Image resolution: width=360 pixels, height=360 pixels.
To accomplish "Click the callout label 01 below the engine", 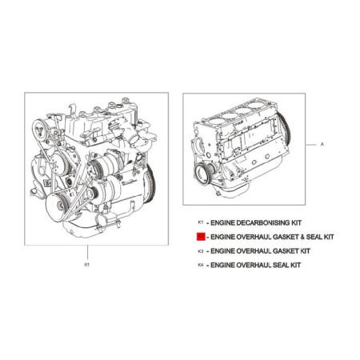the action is click(x=87, y=265).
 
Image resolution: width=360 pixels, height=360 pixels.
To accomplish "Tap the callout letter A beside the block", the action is click(x=322, y=144).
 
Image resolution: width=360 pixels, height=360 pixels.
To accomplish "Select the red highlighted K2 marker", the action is click(x=201, y=237).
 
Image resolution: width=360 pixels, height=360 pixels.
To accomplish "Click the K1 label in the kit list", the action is click(x=201, y=222).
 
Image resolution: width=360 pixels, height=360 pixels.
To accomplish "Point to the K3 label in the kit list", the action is click(x=201, y=251).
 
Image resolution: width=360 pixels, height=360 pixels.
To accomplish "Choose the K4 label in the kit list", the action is click(x=201, y=265).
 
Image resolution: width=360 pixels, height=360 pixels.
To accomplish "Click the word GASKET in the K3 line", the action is click(x=286, y=251).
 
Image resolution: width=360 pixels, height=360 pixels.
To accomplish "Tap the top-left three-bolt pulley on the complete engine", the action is click(x=39, y=130).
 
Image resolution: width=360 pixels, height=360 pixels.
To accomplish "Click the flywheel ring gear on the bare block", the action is click(x=284, y=129).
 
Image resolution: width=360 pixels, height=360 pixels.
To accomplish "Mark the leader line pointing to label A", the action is click(x=311, y=145).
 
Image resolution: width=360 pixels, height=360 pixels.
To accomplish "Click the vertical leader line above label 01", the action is click(x=87, y=252).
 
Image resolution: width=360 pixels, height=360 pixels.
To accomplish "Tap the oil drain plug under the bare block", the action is click(x=218, y=194).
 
